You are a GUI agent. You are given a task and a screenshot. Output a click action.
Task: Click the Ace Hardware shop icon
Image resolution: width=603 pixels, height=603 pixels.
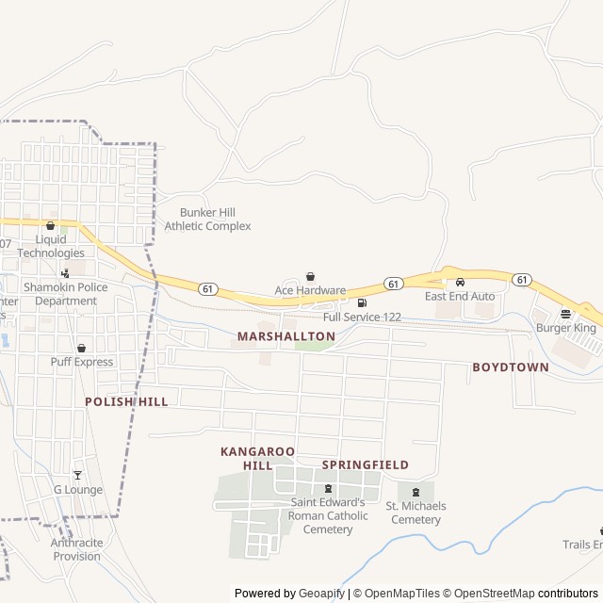tap(310, 277)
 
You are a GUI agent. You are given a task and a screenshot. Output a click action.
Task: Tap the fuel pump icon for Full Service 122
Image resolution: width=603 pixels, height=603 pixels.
tap(362, 303)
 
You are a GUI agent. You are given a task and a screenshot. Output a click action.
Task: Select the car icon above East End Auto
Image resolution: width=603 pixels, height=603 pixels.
tap(460, 282)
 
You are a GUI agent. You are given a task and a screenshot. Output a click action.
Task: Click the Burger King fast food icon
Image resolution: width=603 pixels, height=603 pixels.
tap(565, 314)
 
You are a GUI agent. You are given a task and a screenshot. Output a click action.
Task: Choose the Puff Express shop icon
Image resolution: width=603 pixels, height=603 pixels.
tap(81, 348)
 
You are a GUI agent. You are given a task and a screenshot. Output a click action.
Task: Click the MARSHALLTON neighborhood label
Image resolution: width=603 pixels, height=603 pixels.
tap(286, 335)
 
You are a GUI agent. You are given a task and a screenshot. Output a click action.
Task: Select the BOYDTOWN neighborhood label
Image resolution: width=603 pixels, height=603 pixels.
tap(510, 367)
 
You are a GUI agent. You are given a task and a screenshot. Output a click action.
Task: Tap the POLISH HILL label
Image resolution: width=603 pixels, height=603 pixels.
tap(126, 401)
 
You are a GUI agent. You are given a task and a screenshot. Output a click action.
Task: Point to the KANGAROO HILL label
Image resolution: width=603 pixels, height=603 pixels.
tap(257, 459)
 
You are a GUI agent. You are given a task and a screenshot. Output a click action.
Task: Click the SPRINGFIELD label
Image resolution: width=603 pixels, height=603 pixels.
tap(365, 465)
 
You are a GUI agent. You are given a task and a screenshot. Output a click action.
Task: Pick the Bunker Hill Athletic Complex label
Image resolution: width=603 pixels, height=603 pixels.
tap(207, 220)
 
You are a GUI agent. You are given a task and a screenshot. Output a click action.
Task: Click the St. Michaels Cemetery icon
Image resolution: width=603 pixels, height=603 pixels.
tap(415, 492)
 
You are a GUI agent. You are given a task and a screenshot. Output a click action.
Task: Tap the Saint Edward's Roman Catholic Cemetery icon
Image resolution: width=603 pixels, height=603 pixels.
tap(328, 488)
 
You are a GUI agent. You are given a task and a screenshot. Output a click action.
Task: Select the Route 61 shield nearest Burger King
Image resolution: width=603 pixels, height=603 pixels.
tap(522, 280)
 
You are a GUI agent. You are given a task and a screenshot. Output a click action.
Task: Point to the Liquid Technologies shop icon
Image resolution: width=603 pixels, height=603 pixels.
tap(50, 226)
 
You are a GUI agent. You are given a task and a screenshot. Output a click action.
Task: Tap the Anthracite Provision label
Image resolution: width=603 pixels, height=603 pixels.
tap(76, 549)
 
